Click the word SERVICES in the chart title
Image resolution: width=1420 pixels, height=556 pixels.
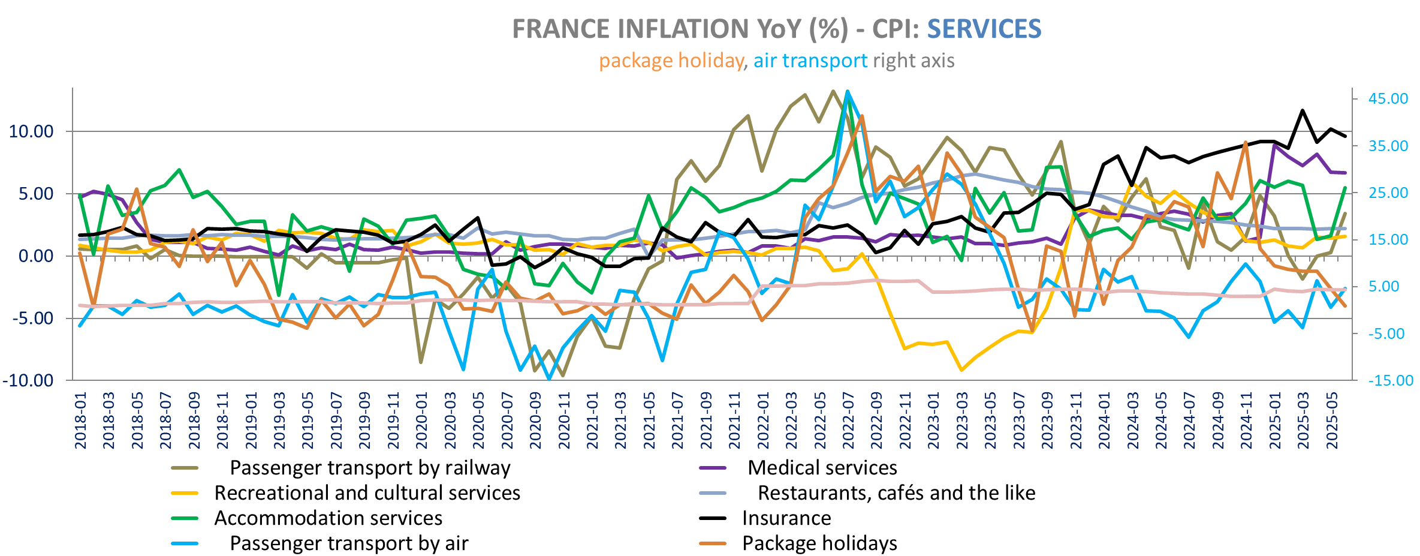coord(984,29)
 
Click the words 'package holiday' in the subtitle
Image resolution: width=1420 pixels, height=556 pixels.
coord(671,61)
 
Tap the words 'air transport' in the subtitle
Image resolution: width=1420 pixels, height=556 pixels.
coord(810,61)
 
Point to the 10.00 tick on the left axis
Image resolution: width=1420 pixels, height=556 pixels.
coord(32,131)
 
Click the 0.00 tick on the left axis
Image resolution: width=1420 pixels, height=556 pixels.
coord(36,256)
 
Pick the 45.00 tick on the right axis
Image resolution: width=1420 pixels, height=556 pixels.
coord(1388,98)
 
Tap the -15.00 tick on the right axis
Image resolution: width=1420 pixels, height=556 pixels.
coord(1390,380)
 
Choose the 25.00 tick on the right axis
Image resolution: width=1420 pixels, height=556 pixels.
coord(1388,193)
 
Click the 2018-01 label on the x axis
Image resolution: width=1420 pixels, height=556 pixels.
coord(80,420)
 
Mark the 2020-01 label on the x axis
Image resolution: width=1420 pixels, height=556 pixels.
coord(422,420)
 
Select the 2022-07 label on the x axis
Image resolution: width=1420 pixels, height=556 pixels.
coord(849,420)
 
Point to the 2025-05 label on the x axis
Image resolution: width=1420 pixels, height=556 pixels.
coord(1332,420)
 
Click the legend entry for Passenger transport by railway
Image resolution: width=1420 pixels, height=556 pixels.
coord(370,468)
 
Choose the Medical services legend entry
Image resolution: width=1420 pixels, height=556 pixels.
coord(822,468)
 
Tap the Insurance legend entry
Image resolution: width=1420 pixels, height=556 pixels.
coord(786,518)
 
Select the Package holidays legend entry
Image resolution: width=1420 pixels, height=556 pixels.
coord(819,543)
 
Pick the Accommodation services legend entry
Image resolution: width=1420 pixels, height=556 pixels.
coord(328,518)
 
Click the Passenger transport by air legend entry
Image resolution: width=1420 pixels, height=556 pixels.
coord(349,543)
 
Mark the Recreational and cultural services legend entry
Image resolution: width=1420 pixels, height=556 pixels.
coord(367,493)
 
